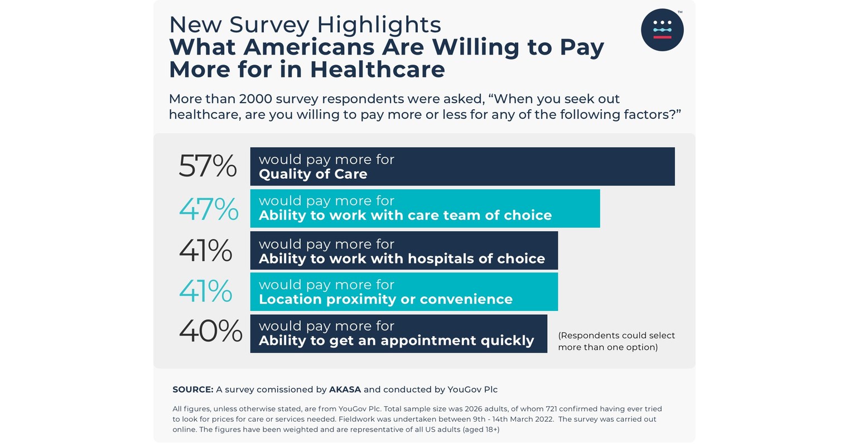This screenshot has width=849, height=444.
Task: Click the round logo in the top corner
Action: pos(662,30)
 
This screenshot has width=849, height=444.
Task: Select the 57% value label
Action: pos(208,166)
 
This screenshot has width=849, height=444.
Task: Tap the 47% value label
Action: pos(208,209)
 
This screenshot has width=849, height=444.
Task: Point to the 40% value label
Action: pos(210,331)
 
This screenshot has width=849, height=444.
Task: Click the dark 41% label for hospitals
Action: pos(205,251)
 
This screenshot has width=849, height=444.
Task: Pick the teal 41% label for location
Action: pos(205,291)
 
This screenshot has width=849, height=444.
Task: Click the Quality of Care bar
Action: pos(462,167)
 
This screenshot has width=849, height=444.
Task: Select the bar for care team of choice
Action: pos(424,208)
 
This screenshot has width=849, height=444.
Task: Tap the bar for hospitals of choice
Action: pos(403,251)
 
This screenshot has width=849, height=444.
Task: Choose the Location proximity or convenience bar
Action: pos(403,292)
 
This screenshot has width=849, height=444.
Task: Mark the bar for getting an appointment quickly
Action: pos(398,334)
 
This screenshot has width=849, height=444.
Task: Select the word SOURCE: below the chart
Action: pos(192,389)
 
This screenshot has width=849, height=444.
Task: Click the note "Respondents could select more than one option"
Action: pos(616,341)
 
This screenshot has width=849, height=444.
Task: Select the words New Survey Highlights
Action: pos(305,25)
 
